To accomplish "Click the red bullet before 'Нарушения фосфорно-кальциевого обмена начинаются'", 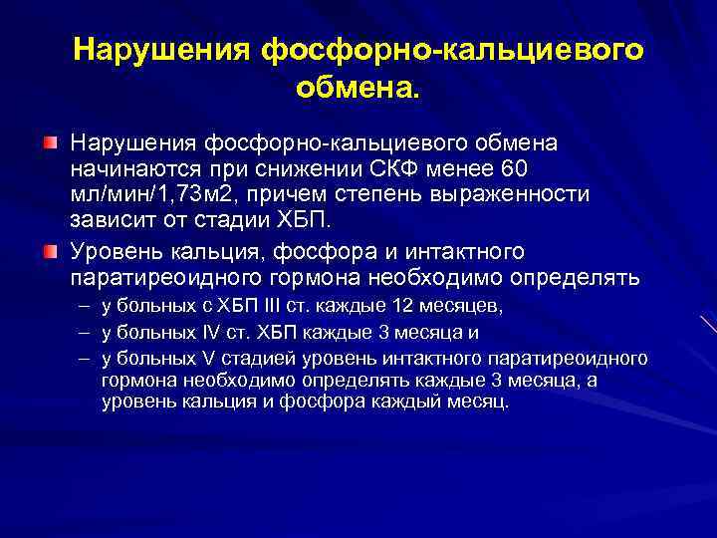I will coord(50,143).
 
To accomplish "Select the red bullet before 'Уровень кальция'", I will coord(50,249).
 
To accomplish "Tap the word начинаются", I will coord(134,167).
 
